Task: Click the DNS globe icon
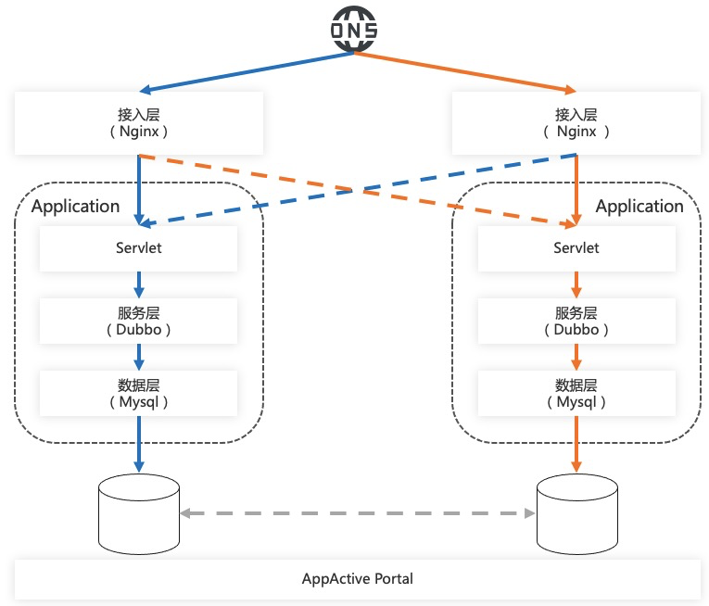355,30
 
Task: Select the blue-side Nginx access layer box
138,122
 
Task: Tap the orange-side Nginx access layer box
576,122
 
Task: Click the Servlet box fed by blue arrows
138,248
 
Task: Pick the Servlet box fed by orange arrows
576,248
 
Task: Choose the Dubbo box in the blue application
138,321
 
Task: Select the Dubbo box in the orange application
576,321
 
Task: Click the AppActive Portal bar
357,579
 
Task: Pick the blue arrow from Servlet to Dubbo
138,284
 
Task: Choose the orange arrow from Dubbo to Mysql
576,356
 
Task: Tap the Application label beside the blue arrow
75,206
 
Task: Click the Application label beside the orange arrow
639,206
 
